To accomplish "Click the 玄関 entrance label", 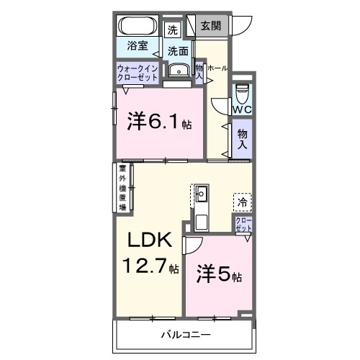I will pyautogui.click(x=210, y=27).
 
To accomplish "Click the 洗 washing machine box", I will pyautogui.click(x=171, y=30).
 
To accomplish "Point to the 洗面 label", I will pyautogui.click(x=178, y=52).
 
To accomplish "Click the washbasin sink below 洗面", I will pyautogui.click(x=177, y=70).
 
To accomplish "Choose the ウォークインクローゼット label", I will pyautogui.click(x=138, y=73).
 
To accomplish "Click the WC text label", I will pyautogui.click(x=241, y=110).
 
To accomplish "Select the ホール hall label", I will pyautogui.click(x=217, y=68).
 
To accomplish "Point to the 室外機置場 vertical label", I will pyautogui.click(x=122, y=189).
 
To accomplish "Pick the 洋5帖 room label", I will pyautogui.click(x=219, y=276).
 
